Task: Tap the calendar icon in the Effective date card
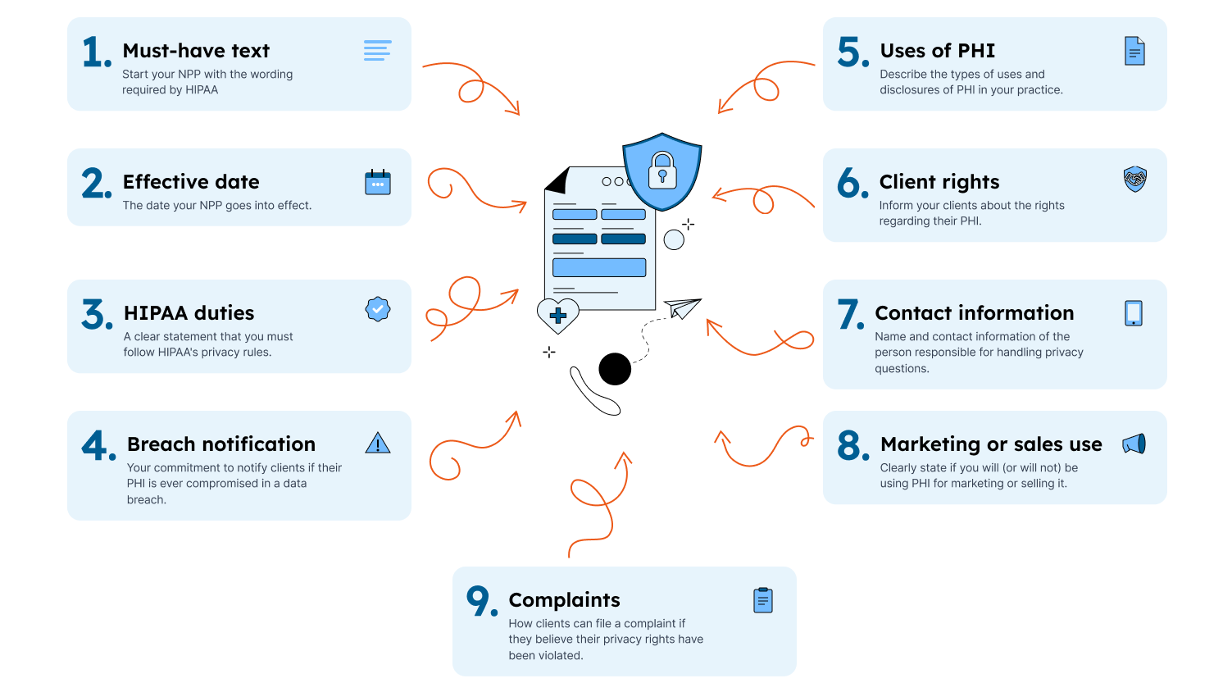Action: point(378,182)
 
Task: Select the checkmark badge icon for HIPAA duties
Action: point(378,309)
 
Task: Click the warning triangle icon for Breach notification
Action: point(378,444)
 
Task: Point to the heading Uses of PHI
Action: point(937,51)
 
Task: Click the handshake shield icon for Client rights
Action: point(1134,179)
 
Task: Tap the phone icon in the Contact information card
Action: point(1134,313)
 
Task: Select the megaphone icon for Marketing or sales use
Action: point(1134,444)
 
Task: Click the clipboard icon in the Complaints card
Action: point(763,600)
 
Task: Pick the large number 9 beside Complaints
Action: point(480,600)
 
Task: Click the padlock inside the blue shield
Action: point(662,171)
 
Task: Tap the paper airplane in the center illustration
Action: point(682,307)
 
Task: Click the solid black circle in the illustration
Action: point(615,369)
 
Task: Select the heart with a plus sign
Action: point(557,315)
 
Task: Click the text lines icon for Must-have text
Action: point(377,51)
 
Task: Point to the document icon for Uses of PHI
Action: point(1134,51)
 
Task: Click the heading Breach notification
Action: point(220,444)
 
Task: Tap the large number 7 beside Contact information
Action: point(850,314)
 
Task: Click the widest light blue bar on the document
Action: point(599,267)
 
